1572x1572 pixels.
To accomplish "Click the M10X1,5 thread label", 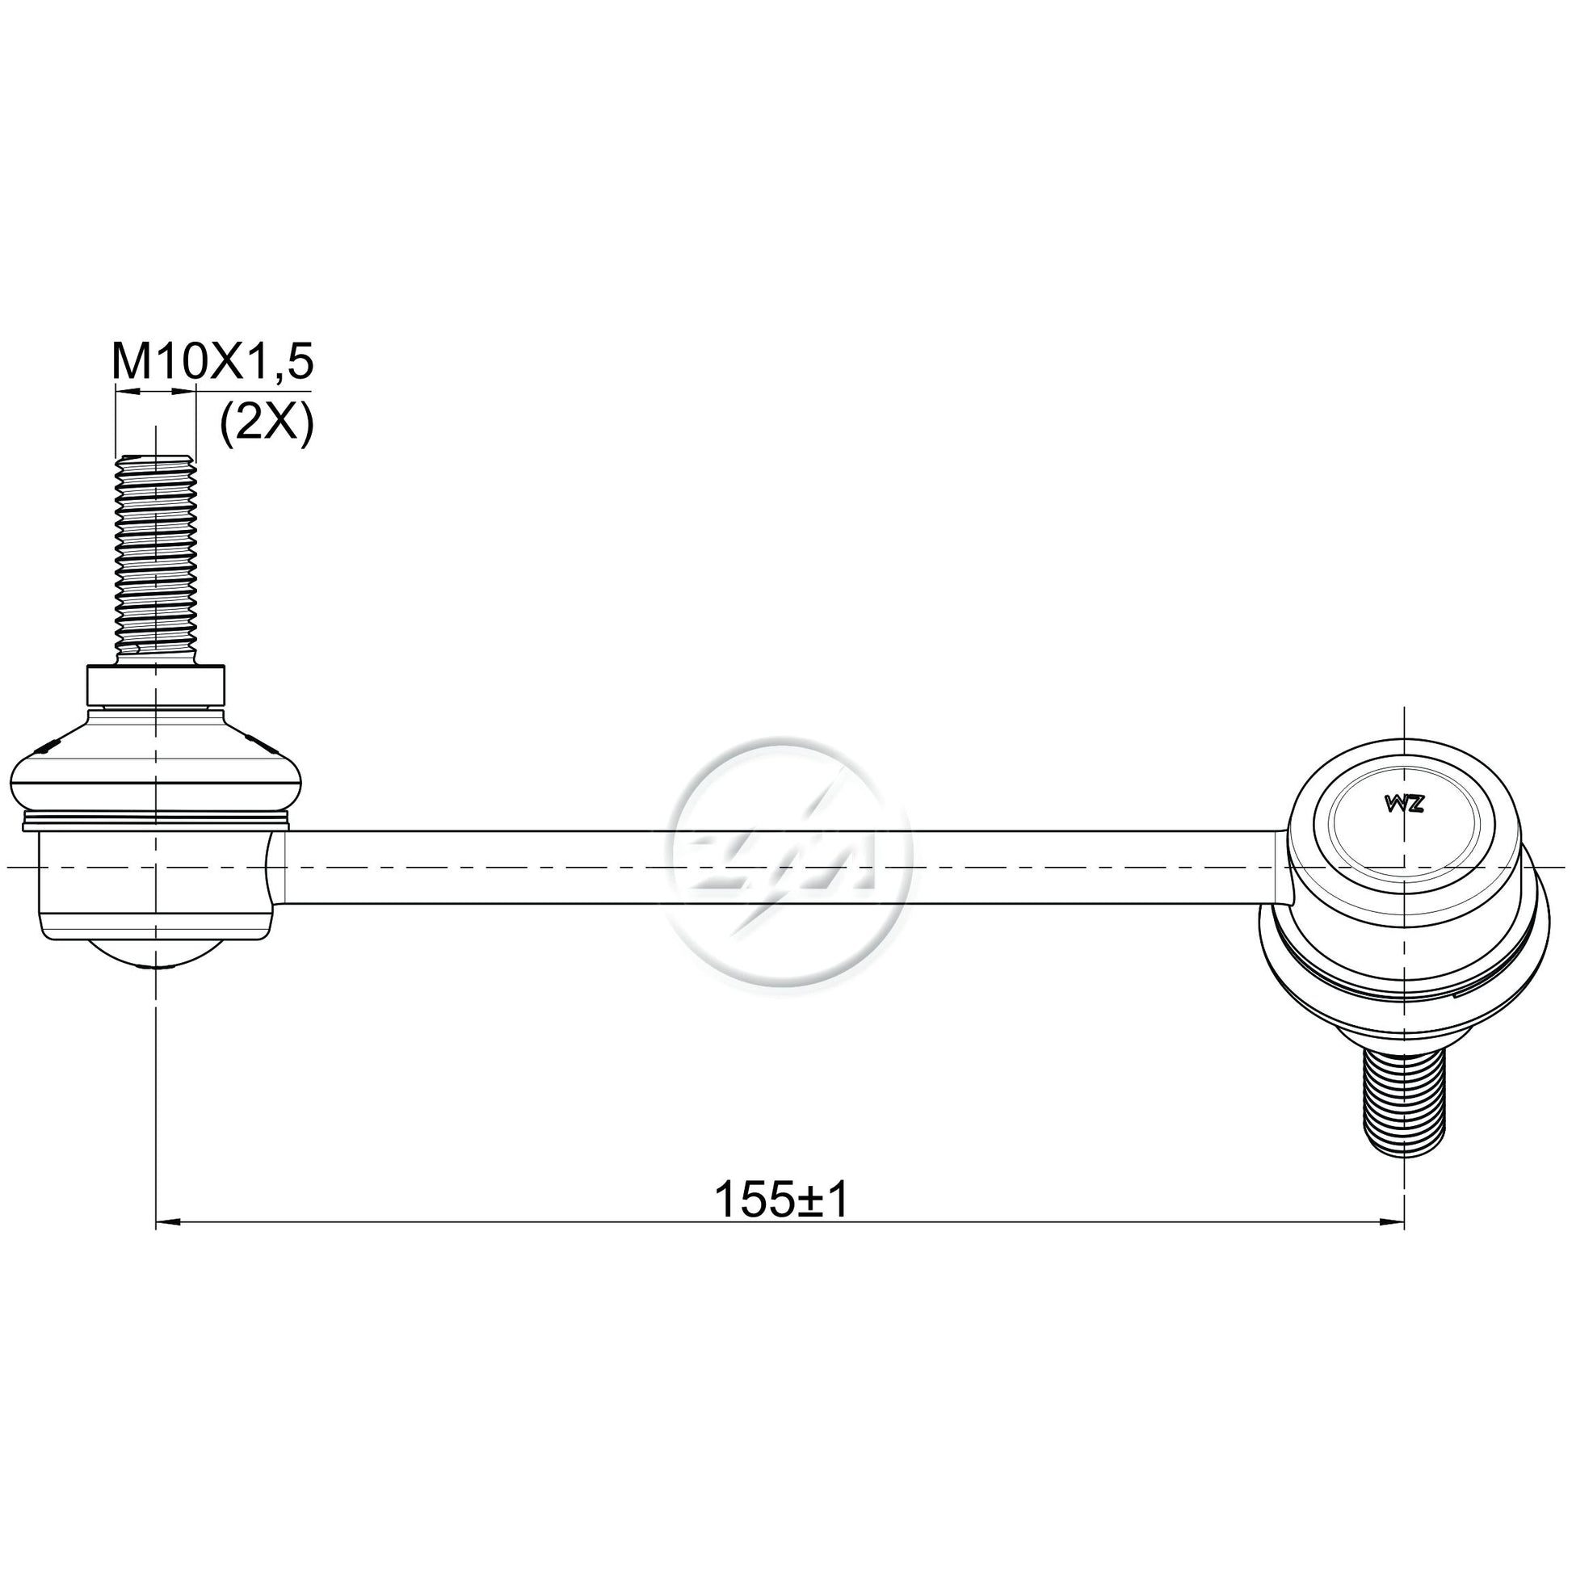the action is click(x=212, y=360).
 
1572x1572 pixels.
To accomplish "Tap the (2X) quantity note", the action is click(x=267, y=424).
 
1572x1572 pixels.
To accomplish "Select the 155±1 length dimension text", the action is click(x=781, y=1200).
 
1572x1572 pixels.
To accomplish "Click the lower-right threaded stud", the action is click(x=1404, y=1112).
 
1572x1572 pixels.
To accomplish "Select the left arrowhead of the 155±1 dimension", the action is click(x=166, y=1244).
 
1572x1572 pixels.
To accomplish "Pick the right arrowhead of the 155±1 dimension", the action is click(x=1393, y=1244).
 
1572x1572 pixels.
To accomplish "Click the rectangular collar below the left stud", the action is click(x=155, y=686).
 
